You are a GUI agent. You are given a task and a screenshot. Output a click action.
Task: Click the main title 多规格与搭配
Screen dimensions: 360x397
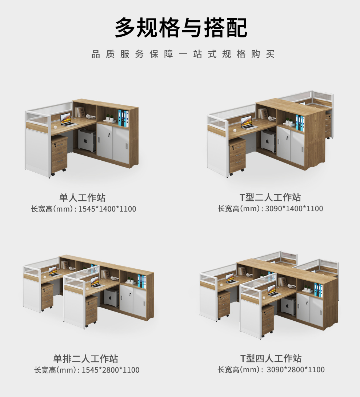181,27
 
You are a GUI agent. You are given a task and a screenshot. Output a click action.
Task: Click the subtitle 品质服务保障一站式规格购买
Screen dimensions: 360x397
183,54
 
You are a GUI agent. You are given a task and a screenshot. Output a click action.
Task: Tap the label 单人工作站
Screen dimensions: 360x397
83,198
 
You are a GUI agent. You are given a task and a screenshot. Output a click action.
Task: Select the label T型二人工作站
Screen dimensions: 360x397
271,197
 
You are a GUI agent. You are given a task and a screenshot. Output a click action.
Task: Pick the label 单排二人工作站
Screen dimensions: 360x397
85,358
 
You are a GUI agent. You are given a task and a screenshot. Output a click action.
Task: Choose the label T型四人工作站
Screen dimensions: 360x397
271,358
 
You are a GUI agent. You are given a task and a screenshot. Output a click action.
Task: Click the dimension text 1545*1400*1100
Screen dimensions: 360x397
107,209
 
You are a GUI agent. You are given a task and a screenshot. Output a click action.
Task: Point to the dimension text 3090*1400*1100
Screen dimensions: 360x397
294,209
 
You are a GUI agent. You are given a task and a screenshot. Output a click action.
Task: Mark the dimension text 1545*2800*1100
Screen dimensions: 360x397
111,370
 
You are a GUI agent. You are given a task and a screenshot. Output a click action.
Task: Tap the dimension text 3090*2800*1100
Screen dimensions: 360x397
296,370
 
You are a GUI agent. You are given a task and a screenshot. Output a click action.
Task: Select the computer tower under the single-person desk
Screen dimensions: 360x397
87,140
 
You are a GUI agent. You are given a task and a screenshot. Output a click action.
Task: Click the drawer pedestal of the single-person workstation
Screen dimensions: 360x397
60,155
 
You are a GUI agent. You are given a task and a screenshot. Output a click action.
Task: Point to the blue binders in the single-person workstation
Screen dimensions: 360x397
123,118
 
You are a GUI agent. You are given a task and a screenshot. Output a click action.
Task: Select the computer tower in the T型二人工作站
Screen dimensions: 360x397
268,141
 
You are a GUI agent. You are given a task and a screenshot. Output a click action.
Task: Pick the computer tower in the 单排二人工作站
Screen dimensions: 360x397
111,298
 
